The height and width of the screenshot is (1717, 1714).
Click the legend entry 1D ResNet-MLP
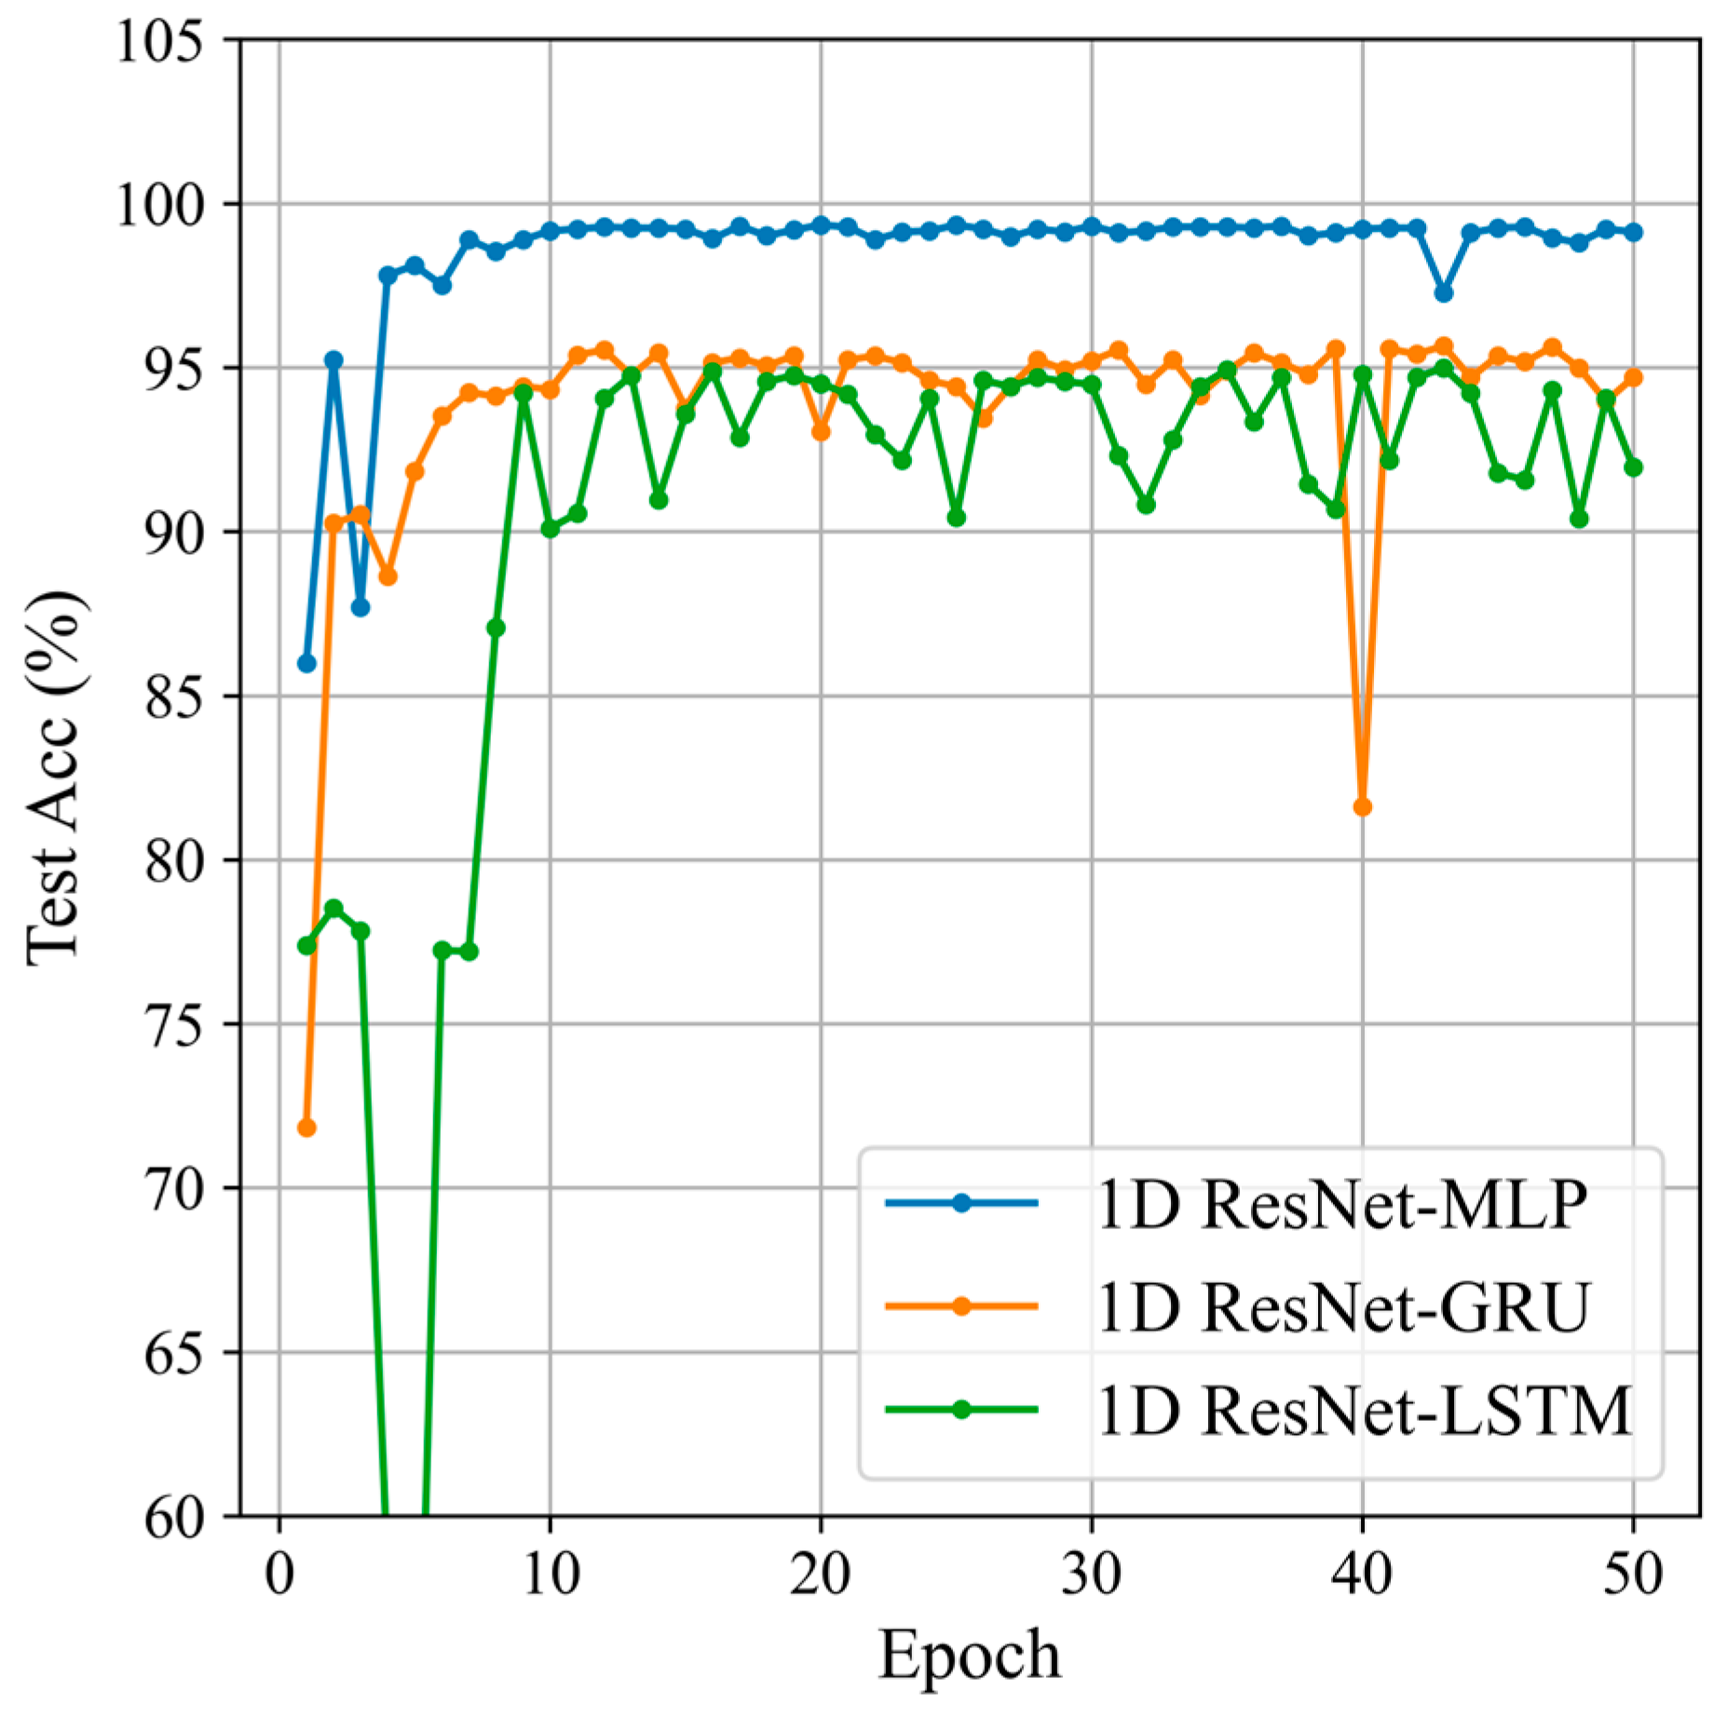click(x=1341, y=1205)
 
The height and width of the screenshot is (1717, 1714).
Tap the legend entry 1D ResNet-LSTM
click(x=1364, y=1411)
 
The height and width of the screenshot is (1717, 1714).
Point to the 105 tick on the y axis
click(x=159, y=41)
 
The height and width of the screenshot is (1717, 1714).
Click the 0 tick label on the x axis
click(x=279, y=1575)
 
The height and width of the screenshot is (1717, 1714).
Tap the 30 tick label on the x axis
click(x=1091, y=1575)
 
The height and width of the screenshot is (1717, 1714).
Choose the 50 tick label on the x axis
click(x=1632, y=1575)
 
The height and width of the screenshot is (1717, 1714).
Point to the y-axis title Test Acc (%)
click(x=56, y=777)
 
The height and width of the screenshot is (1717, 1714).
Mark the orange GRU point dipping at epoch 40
click(x=1362, y=806)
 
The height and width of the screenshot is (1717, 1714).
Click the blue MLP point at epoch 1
click(x=306, y=663)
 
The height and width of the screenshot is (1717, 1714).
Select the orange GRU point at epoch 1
click(x=306, y=1128)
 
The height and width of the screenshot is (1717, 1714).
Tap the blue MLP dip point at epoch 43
click(x=1443, y=292)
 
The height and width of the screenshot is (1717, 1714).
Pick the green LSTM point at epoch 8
click(x=496, y=629)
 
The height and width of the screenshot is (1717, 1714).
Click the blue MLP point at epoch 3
click(x=360, y=607)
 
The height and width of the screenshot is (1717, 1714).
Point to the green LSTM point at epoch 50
click(x=1633, y=466)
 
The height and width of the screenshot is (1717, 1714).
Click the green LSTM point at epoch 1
click(x=306, y=945)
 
